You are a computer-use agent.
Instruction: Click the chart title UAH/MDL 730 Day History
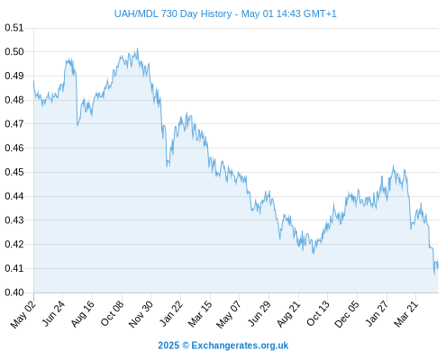173,13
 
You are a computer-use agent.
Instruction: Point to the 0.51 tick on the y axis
14,28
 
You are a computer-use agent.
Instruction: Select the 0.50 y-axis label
14,51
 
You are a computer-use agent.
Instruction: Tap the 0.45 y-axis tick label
14,172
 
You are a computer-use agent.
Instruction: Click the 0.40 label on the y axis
14,292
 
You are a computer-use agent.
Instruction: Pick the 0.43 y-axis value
14,220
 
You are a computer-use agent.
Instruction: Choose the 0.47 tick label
14,123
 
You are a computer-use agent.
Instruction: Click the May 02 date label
23,314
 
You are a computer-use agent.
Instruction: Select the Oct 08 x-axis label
112,313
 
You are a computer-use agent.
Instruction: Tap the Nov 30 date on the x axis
141,314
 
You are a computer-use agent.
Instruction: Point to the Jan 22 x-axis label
171,313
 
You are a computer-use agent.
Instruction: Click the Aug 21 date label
288,314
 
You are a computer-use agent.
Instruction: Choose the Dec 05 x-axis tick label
347,314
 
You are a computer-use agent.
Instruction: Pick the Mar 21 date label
405,314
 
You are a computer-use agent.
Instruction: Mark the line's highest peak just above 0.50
137,49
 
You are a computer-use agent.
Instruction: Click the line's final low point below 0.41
434,274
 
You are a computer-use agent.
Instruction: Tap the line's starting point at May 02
33,80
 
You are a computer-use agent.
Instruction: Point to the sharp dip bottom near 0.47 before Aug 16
77,125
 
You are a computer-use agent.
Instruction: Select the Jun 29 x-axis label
259,313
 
